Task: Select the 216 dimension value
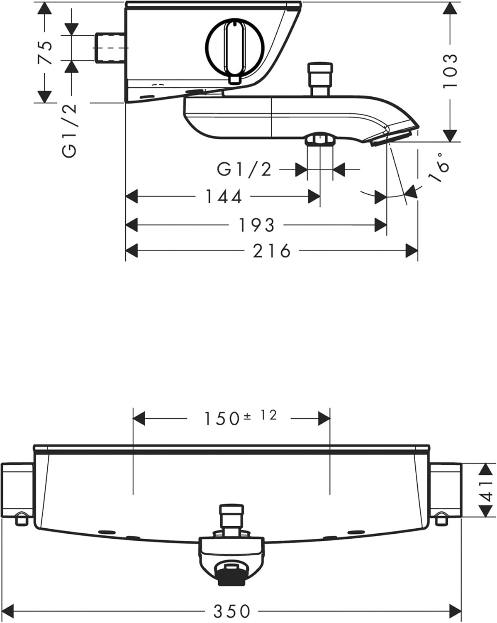point(271,251)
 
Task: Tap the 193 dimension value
point(256,225)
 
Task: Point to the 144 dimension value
point(224,196)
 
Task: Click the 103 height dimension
point(450,71)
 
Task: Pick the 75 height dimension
point(45,53)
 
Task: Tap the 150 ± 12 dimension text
point(240,418)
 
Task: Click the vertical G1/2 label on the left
point(69,130)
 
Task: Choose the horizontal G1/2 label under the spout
point(244,169)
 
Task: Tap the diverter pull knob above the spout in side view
point(320,78)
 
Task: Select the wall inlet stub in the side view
point(110,48)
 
